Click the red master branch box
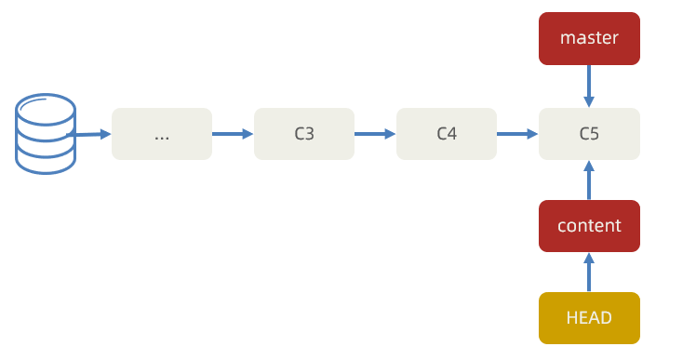point(589,39)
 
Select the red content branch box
point(589,226)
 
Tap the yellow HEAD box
point(589,318)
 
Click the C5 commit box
point(589,134)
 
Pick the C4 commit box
point(447,134)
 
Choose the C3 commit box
point(304,134)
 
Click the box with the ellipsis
point(162,134)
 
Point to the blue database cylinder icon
point(45,133)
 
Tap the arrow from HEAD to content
point(589,273)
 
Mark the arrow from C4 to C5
point(517,134)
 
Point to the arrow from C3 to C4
point(375,134)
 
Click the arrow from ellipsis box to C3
point(233,134)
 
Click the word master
point(589,39)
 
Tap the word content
point(589,226)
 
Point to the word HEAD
point(589,318)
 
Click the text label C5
point(589,134)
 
